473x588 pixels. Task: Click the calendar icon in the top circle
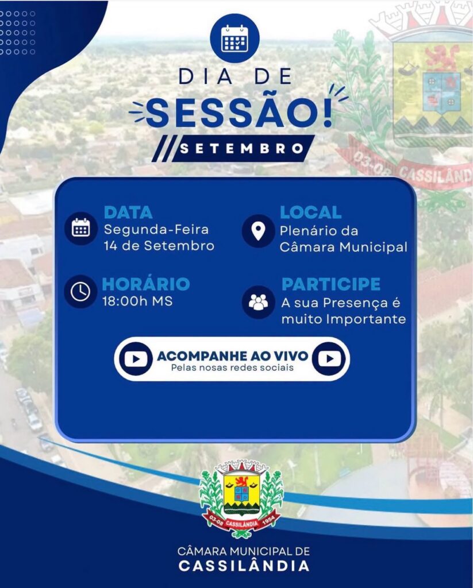234,38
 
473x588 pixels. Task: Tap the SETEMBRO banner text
242,149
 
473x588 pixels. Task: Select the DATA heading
128,212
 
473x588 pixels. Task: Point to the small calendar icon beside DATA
80,228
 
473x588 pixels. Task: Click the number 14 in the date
110,246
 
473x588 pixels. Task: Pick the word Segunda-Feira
156,230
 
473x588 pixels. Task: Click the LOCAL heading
310,212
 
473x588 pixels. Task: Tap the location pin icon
258,231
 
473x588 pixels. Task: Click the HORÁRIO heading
145,284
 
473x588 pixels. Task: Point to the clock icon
80,291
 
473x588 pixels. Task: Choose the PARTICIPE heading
330,284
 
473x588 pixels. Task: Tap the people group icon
258,302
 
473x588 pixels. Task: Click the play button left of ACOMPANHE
136,359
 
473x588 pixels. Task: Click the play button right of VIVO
329,359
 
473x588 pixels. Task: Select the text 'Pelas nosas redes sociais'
232,367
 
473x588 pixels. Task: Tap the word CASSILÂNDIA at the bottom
244,566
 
